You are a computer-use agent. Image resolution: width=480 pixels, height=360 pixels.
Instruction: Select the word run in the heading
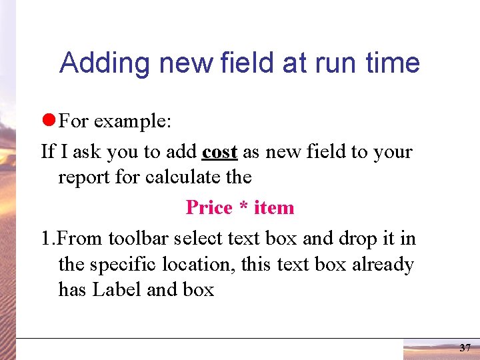point(337,63)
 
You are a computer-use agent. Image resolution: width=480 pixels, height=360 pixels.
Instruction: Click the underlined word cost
point(219,151)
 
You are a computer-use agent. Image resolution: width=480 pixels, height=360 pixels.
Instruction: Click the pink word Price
point(209,207)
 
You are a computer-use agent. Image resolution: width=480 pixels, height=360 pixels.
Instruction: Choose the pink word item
point(274,207)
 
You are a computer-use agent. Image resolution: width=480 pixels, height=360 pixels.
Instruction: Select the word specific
point(126,264)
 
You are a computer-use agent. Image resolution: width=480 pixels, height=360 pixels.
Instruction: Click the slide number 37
point(465,348)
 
